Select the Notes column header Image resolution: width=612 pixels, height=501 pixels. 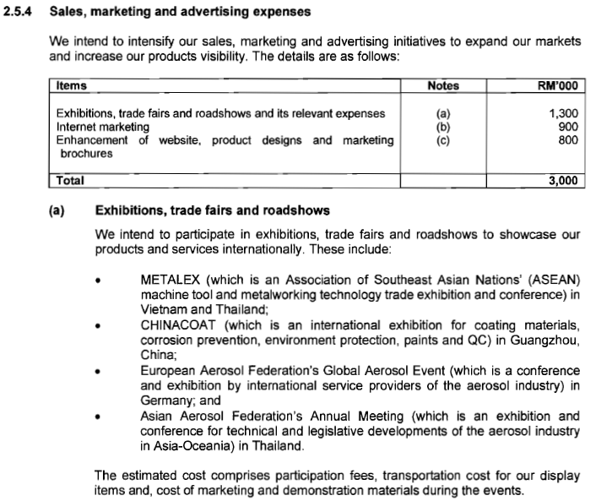pyautogui.click(x=443, y=85)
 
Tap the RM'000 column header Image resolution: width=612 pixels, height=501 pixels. pyautogui.click(x=557, y=85)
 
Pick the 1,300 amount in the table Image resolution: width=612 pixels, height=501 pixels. pyautogui.click(x=563, y=112)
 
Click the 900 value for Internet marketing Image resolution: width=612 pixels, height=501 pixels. pyautogui.click(x=568, y=126)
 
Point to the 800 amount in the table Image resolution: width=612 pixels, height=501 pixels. pyautogui.click(x=568, y=139)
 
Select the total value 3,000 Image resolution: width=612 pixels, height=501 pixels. pyautogui.click(x=562, y=180)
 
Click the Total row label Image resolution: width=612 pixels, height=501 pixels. pyautogui.click(x=70, y=180)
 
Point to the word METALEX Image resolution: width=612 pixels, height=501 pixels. pyautogui.click(x=167, y=280)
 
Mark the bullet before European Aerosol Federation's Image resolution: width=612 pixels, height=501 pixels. pyautogui.click(x=100, y=372)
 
